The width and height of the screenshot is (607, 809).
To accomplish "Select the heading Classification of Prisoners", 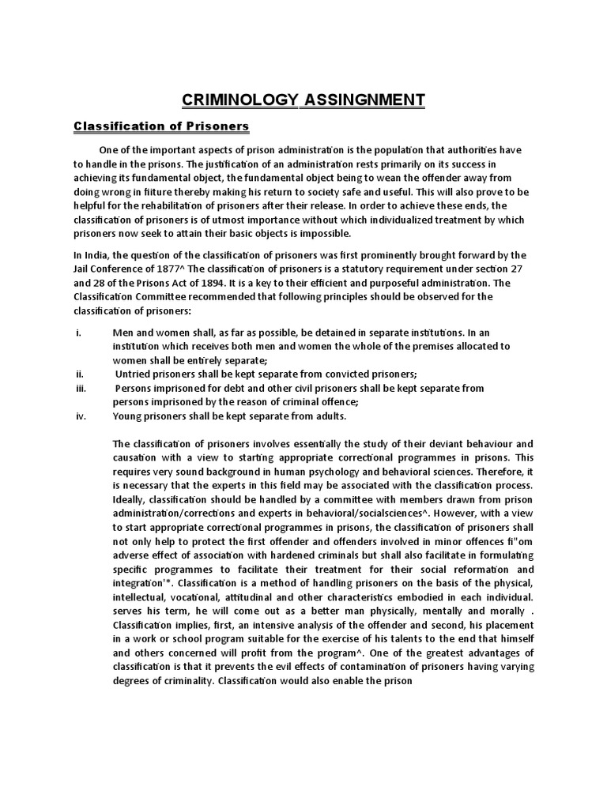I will click(x=161, y=126).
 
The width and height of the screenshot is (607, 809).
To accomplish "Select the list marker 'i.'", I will click(x=78, y=333).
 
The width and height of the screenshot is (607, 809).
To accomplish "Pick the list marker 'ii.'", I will click(x=80, y=374).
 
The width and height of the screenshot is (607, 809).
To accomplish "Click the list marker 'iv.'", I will click(x=81, y=416).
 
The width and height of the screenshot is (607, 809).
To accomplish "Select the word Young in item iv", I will click(x=130, y=416).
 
